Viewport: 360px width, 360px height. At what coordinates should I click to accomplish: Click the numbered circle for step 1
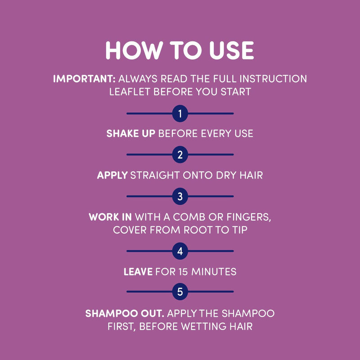click(x=180, y=113)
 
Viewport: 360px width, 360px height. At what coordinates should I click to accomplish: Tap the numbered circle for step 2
click(x=180, y=155)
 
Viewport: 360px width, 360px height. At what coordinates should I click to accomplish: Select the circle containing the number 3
click(x=180, y=196)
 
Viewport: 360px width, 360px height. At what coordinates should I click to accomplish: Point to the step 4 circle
click(x=180, y=251)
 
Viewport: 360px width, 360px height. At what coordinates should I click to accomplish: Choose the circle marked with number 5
click(x=180, y=292)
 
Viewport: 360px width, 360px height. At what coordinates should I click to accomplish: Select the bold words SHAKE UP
click(x=131, y=134)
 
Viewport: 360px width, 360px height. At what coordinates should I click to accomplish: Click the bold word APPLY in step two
click(x=112, y=175)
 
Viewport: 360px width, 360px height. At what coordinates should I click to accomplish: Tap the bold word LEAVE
click(x=139, y=271)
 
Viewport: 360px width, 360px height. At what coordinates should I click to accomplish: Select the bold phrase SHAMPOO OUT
click(x=123, y=313)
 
